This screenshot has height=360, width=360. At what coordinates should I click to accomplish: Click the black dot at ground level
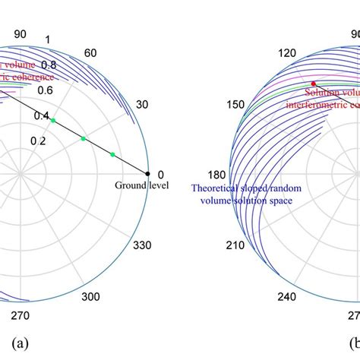[148, 172]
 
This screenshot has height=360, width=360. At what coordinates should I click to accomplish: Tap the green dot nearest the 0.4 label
[53, 118]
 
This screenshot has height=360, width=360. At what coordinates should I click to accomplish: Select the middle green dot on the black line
[84, 137]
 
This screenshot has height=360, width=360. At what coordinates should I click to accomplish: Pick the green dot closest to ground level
[112, 154]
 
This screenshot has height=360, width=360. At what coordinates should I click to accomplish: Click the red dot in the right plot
[311, 83]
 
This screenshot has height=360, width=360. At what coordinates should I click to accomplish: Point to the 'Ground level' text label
[141, 185]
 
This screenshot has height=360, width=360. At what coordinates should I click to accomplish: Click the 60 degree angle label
[91, 52]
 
